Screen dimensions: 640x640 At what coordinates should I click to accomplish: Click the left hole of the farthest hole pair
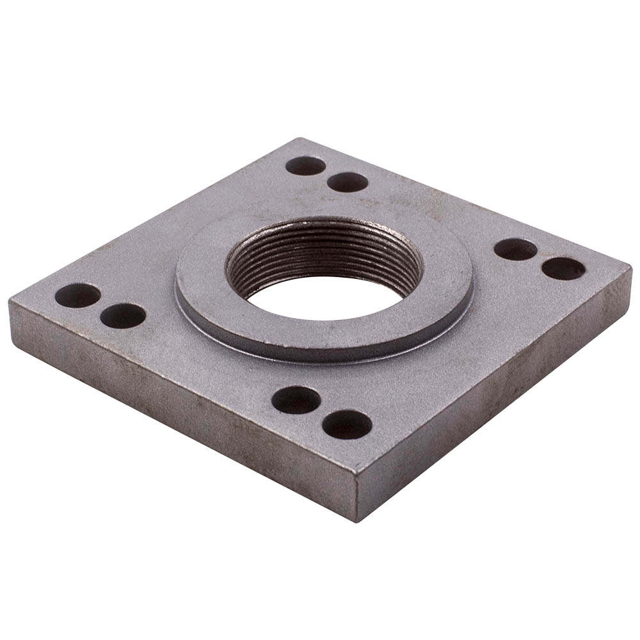[305, 166]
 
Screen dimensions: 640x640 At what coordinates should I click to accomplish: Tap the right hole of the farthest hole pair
[348, 182]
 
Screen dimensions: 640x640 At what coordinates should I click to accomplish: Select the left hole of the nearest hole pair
[296, 400]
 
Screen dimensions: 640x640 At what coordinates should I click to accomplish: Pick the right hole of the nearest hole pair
[347, 424]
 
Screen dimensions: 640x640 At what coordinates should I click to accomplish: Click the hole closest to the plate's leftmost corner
[77, 295]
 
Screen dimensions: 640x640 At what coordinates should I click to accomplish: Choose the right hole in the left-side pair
[123, 316]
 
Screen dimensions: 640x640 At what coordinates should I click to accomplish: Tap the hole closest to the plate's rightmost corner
[563, 268]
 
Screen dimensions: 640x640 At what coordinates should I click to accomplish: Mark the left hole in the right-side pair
[515, 249]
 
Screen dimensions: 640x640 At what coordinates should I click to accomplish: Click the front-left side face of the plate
[179, 410]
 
